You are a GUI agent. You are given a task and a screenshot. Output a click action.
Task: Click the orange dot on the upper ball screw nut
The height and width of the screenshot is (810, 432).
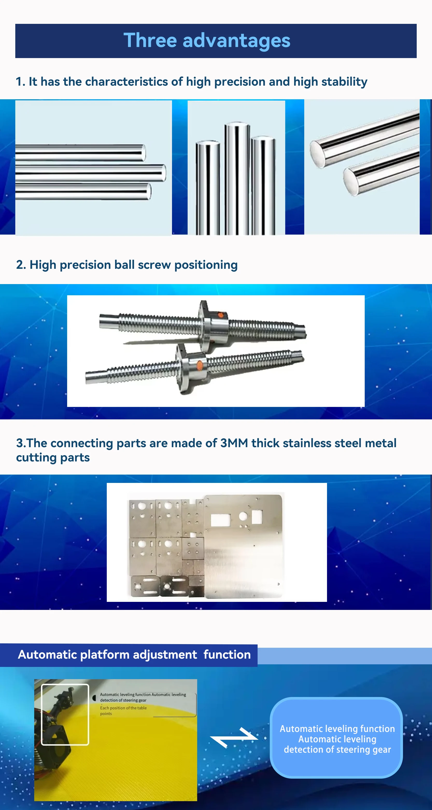[221, 315]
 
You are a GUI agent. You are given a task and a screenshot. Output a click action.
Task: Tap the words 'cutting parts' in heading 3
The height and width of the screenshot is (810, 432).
[53, 457]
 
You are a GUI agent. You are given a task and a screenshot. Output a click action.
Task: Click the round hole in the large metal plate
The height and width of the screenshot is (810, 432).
[243, 516]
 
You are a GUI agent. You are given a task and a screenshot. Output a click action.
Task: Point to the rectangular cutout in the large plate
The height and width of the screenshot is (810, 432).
[220, 520]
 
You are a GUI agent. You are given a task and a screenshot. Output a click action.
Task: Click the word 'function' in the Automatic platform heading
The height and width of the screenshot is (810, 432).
[227, 655]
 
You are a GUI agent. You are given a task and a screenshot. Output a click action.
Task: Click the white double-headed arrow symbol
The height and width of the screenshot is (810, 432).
[234, 737]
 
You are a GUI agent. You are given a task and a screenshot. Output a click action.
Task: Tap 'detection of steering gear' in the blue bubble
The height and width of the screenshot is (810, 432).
[337, 750]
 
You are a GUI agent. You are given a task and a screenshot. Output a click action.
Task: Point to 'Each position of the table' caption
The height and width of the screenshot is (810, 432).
[123, 708]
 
